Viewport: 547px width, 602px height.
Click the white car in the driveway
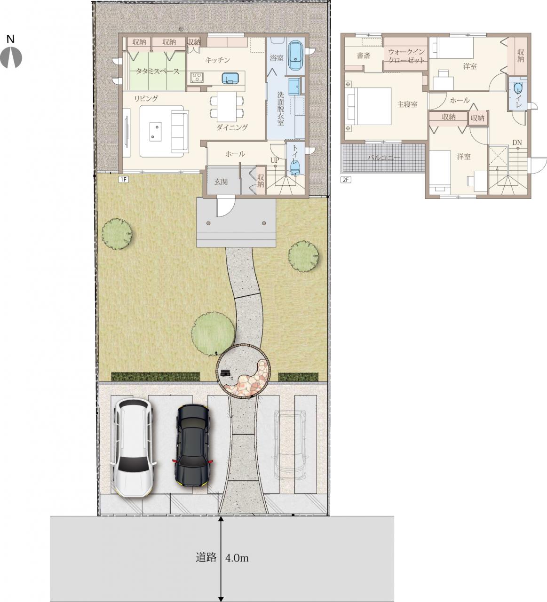pyautogui.click(x=134, y=448)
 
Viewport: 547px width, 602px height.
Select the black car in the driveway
pyautogui.click(x=192, y=445)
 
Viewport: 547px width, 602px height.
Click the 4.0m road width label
pyautogui.click(x=237, y=558)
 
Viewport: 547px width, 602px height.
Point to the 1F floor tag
pyautogui.click(x=123, y=180)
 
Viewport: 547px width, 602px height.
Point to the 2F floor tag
pyautogui.click(x=346, y=180)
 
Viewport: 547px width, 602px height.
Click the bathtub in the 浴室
pyautogui.click(x=296, y=56)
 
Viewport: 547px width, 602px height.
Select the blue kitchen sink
pyautogui.click(x=230, y=78)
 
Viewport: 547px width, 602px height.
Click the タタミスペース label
pyautogui.click(x=158, y=71)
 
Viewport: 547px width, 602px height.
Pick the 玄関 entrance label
pyautogui.click(x=221, y=182)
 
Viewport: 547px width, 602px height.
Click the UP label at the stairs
pyautogui.click(x=275, y=160)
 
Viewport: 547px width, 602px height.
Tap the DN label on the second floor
pyautogui.click(x=517, y=143)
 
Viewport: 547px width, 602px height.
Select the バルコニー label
pyautogui.click(x=384, y=158)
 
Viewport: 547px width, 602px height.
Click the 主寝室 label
pyautogui.click(x=407, y=104)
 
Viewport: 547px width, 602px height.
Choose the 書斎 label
pyautogui.click(x=364, y=55)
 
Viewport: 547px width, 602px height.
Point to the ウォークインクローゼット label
pyautogui.click(x=406, y=55)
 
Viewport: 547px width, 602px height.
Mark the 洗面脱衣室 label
pyautogui.click(x=280, y=108)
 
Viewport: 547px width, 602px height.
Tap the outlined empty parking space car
pyautogui.click(x=290, y=445)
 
